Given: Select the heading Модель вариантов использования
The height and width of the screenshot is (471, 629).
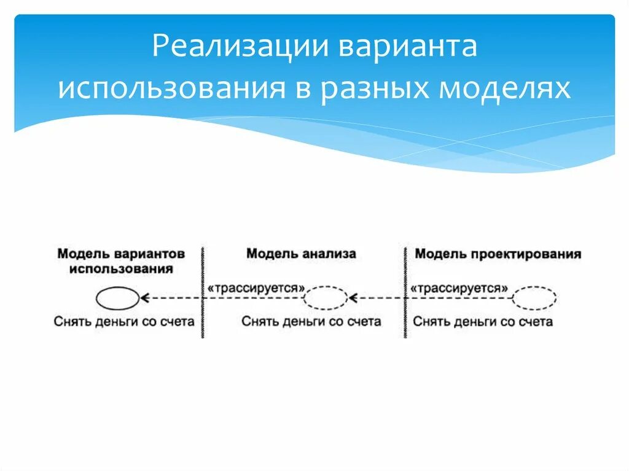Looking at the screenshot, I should [x=121, y=261].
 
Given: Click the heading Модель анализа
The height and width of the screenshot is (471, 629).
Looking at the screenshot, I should [x=301, y=254].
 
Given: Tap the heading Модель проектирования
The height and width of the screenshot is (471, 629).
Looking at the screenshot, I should [x=498, y=254].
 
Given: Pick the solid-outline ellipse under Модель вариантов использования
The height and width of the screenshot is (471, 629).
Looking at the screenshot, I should [x=117, y=298].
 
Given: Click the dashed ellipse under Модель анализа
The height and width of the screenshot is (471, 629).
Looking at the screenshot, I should [x=326, y=298].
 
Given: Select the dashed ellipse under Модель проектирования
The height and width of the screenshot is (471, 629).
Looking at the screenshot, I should [x=534, y=298].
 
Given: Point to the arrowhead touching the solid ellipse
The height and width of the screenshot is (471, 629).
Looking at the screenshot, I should [x=145, y=298].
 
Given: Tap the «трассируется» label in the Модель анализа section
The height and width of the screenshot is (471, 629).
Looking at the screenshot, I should [x=256, y=287].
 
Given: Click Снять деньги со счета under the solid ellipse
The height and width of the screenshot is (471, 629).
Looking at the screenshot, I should [x=124, y=321].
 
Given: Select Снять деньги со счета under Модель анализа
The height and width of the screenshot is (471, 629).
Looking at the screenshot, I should [x=311, y=321].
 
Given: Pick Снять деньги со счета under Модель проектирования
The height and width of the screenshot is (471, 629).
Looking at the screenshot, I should [x=483, y=321].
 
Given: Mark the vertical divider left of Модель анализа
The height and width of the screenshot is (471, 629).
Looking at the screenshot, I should [x=202, y=292].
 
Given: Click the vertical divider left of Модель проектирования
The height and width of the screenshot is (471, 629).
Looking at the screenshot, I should [x=405, y=292].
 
